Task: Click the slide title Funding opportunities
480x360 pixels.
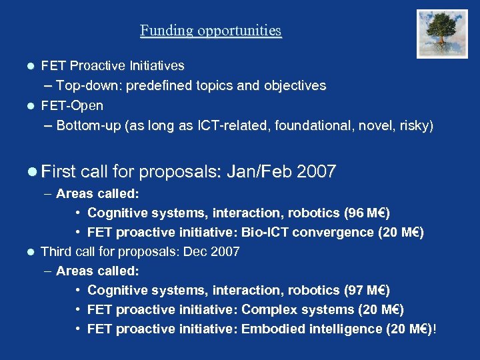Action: (x=211, y=31)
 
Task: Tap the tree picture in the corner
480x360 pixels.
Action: (x=442, y=33)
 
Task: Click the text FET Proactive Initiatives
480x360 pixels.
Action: (x=113, y=66)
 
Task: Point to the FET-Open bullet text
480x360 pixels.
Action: (x=72, y=105)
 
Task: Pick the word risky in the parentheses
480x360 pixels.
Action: (x=415, y=125)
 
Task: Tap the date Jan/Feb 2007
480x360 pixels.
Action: (x=281, y=171)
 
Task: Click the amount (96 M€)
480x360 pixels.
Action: (x=367, y=213)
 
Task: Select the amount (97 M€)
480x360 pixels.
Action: (x=367, y=291)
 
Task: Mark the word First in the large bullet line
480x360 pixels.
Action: (x=58, y=171)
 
